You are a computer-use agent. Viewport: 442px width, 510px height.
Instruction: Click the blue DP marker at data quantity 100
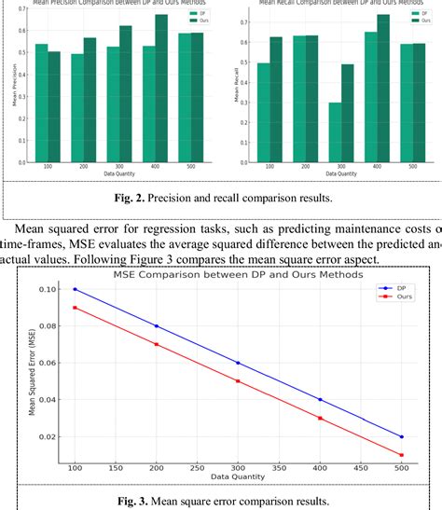[x=75, y=289]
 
